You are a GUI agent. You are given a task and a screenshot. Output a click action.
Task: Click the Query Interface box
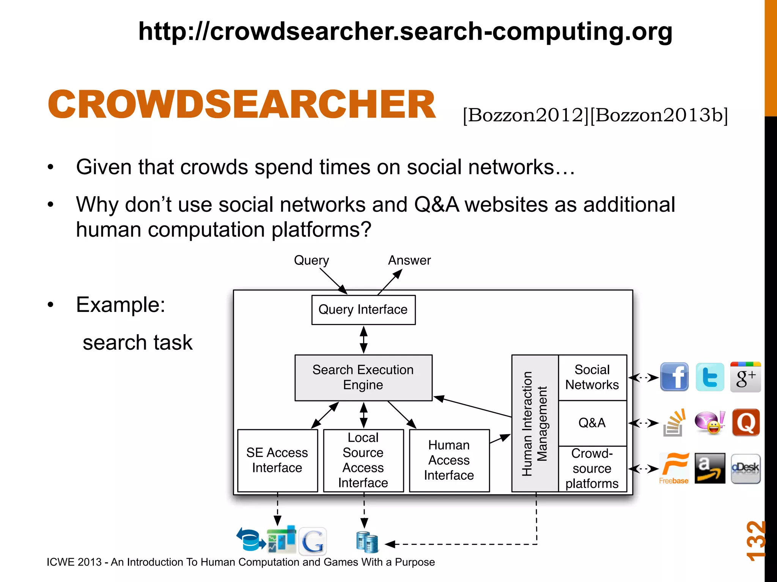[x=363, y=310]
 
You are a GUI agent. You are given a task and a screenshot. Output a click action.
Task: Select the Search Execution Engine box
[x=363, y=377]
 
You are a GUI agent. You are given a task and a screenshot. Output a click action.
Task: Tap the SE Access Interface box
[x=277, y=460]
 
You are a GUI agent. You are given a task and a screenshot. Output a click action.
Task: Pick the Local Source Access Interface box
[x=363, y=460]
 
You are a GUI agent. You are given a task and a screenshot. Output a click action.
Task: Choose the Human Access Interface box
[x=449, y=460]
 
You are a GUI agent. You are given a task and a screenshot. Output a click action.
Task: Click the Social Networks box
[x=592, y=377]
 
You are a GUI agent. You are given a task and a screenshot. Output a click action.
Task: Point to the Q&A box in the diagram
[x=592, y=423]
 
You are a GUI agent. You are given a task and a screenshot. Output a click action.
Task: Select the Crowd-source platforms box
[x=592, y=469]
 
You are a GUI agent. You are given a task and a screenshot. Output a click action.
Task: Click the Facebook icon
[x=674, y=377]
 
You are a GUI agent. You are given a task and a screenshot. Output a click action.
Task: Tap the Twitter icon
[x=710, y=377]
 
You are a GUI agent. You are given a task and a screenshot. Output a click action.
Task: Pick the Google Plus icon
[x=746, y=377]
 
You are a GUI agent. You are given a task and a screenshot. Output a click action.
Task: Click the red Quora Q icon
[x=746, y=422]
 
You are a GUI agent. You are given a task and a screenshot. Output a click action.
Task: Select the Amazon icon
[x=710, y=468]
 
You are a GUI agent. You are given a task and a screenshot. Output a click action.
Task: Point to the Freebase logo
[x=674, y=469]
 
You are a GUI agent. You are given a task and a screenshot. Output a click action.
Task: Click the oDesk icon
[x=746, y=468]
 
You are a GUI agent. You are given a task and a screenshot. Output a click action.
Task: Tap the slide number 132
[x=755, y=541]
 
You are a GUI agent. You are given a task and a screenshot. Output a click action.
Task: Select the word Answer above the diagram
[x=409, y=260]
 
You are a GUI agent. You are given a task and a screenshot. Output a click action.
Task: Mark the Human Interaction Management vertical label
[x=535, y=423]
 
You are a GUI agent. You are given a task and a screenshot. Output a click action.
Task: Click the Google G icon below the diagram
[x=313, y=541]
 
